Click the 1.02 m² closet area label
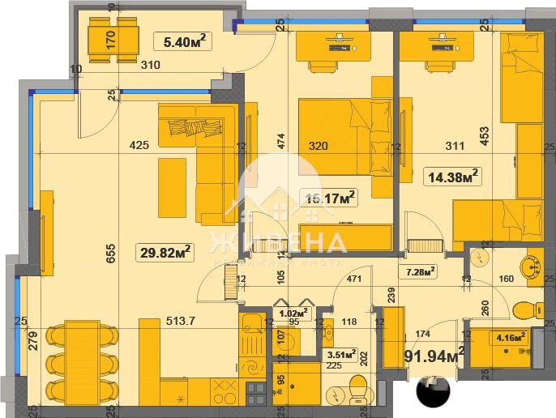(x=292, y=312)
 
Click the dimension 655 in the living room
(x=112, y=250)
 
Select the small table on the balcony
(x=113, y=43)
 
